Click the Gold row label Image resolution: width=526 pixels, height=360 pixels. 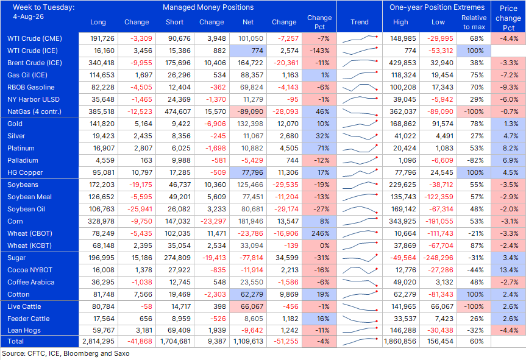(x=15, y=124)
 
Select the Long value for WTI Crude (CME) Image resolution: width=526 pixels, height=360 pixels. (x=102, y=38)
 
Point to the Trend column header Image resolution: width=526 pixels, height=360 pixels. (x=359, y=22)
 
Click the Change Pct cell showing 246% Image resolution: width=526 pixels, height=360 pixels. (x=321, y=233)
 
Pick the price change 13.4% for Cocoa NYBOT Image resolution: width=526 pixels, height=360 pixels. (x=509, y=270)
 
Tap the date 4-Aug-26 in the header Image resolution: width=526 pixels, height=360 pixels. (x=28, y=16)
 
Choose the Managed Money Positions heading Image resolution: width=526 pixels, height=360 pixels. (x=208, y=7)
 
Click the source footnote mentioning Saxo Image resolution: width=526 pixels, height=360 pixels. (x=66, y=353)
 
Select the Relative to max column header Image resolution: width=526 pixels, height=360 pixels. (x=474, y=22)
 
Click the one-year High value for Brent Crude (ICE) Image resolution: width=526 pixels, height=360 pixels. (x=403, y=63)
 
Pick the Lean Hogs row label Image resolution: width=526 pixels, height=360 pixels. (x=24, y=330)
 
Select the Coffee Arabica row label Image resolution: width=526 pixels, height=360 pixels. (x=31, y=282)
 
